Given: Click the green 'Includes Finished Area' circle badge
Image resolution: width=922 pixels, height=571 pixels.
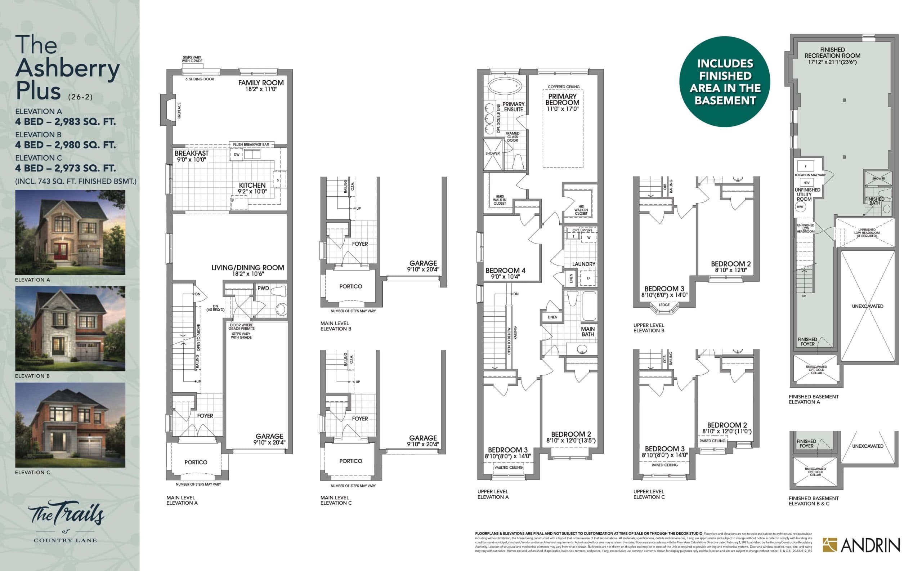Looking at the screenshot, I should pos(725,81).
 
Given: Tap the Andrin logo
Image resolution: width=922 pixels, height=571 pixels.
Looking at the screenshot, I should pos(861,545).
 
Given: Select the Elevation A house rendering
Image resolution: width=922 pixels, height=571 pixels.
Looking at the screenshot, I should pos(70,232).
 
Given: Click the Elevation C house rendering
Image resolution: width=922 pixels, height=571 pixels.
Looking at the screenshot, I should pos(70,425).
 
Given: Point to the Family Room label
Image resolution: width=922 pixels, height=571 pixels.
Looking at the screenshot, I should pos(260,83).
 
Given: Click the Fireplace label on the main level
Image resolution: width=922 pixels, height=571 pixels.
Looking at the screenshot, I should pos(179,111).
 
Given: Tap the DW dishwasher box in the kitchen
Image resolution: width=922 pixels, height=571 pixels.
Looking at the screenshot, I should pos(236,155).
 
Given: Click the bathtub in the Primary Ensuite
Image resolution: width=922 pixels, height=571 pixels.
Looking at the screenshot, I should pos(505,86).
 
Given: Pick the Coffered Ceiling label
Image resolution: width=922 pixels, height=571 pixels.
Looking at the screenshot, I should pos(564,87).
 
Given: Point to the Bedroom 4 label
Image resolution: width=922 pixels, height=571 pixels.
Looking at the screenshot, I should pos(505,271).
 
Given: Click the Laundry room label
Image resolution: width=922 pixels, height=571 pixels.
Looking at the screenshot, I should pos(583,264).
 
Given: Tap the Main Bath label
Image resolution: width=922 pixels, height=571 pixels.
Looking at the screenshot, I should pos(587,331).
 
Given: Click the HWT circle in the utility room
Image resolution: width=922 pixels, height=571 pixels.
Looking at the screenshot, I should pos(800,207).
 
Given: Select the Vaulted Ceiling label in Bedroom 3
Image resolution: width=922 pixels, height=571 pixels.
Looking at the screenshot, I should pos(508,468).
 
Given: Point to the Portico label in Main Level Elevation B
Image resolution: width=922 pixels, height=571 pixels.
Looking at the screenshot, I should pos(350,286).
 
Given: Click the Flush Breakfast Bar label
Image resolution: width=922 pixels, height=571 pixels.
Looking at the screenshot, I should pos(251,144).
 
